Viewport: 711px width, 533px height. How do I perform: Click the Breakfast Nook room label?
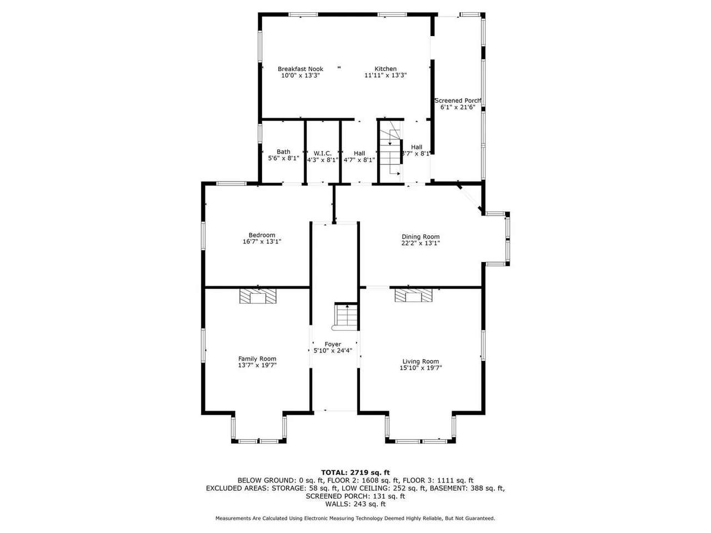click(301, 69)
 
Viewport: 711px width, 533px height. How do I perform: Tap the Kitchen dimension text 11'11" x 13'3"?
click(385, 76)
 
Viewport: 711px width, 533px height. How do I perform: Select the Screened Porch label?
click(457, 100)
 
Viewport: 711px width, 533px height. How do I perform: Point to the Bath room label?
click(283, 152)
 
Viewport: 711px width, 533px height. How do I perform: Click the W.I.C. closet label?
click(322, 153)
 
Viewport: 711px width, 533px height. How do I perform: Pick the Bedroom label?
click(262, 235)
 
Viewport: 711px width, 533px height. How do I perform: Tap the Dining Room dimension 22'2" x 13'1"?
click(420, 243)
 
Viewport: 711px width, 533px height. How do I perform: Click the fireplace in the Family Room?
click(258, 296)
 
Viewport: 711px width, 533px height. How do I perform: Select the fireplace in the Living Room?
click(413, 295)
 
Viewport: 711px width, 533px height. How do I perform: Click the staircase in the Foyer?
click(346, 316)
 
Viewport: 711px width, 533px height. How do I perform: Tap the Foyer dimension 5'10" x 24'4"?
click(333, 350)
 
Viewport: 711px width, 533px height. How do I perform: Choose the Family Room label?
click(257, 359)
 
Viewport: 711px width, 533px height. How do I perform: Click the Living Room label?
click(420, 361)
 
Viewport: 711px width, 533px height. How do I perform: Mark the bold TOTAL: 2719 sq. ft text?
click(355, 473)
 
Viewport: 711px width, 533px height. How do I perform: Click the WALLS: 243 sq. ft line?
click(355, 504)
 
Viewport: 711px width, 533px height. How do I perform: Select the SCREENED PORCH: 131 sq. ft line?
click(355, 496)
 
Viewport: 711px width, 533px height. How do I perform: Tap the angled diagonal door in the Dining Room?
click(469, 199)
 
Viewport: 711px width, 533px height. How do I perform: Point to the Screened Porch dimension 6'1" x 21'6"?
click(457, 107)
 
